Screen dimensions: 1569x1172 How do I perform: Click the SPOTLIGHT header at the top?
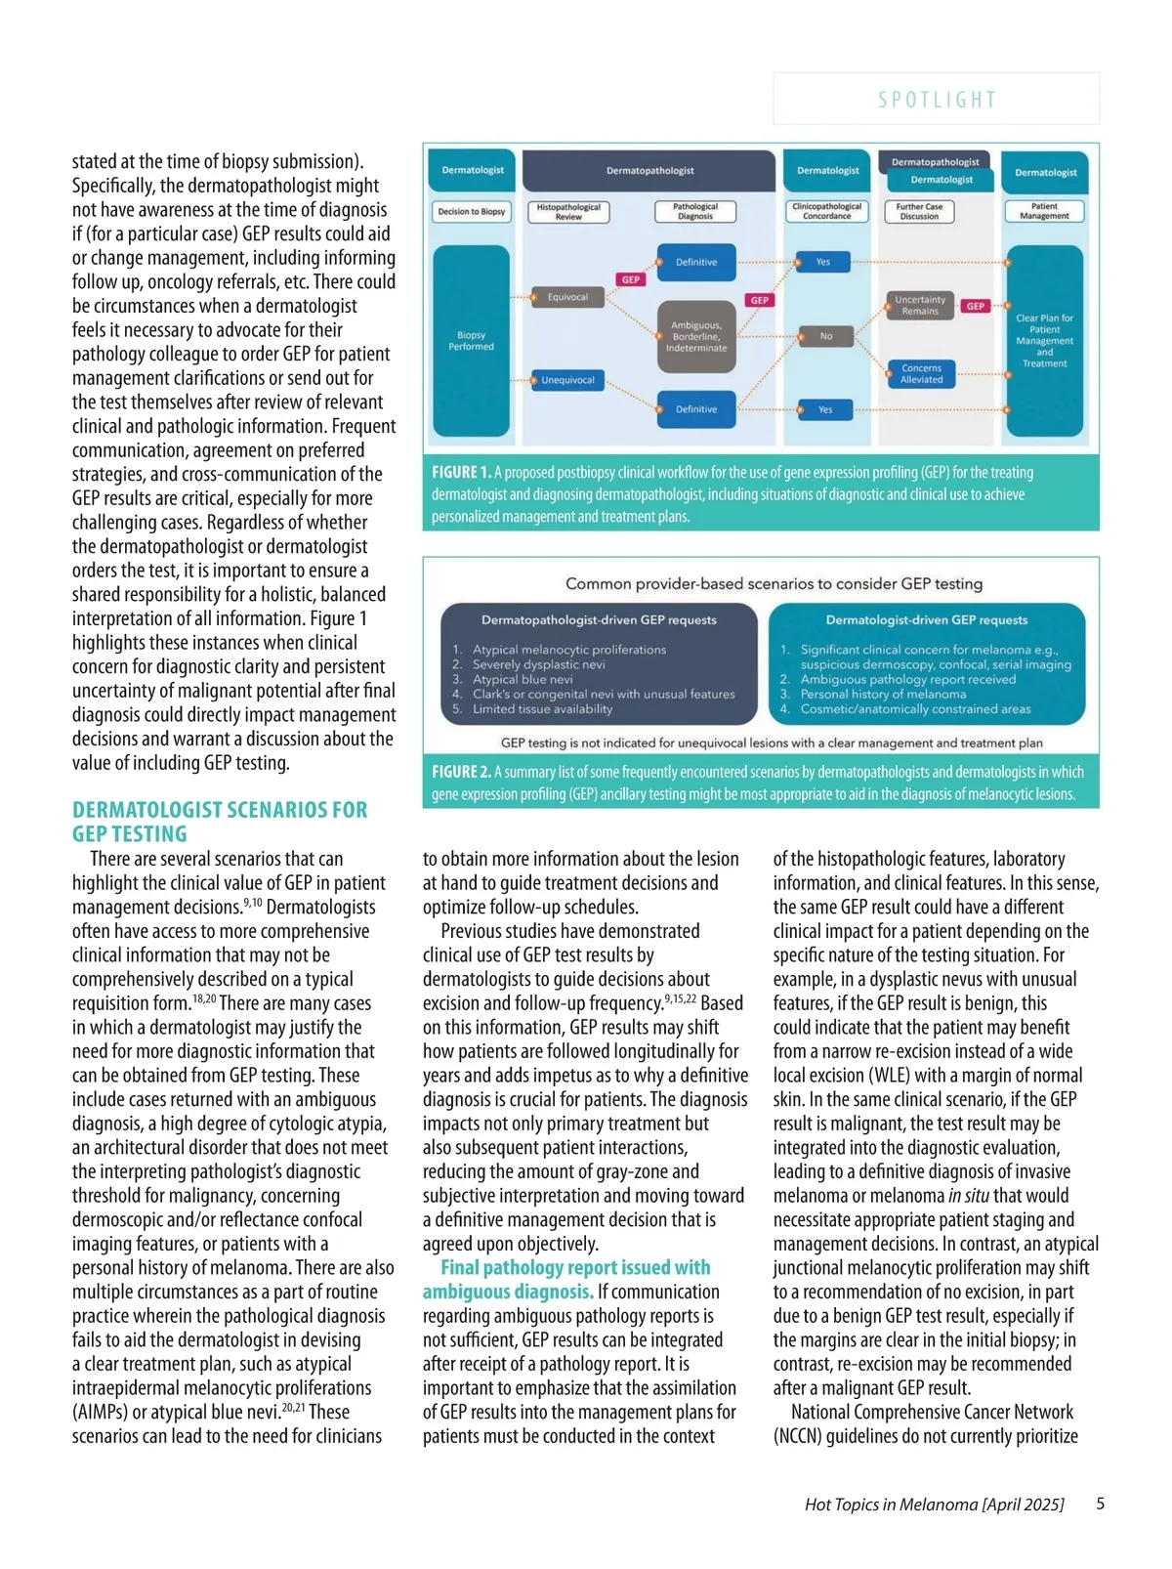click(x=937, y=100)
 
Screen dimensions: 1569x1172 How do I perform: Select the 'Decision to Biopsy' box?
click(x=472, y=211)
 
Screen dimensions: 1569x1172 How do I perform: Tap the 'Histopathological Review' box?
click(x=568, y=212)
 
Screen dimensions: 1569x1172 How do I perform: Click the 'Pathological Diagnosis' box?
click(x=695, y=211)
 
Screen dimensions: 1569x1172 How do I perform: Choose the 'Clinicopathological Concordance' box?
click(x=827, y=211)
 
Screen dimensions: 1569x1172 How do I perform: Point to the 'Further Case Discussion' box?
click(x=919, y=211)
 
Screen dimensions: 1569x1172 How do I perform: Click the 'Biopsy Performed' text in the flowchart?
click(x=471, y=341)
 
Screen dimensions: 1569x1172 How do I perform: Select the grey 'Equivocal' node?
click(x=567, y=297)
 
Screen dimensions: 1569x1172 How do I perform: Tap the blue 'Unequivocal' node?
click(x=567, y=380)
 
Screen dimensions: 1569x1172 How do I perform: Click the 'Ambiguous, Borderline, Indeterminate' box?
click(x=696, y=337)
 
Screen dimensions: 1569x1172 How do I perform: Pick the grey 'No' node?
click(x=826, y=336)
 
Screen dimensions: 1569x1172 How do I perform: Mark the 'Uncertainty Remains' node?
click(x=920, y=306)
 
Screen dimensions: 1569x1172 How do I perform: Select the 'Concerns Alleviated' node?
click(x=922, y=374)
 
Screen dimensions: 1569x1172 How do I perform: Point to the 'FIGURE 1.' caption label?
click(x=461, y=473)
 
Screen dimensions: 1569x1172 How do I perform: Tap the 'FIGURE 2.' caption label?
click(x=461, y=772)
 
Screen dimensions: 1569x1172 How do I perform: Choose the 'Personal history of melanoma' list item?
click(x=883, y=694)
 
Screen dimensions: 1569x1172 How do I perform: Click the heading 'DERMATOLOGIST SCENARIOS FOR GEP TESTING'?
click(x=220, y=822)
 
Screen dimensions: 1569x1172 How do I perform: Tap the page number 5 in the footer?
click(x=1101, y=1504)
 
